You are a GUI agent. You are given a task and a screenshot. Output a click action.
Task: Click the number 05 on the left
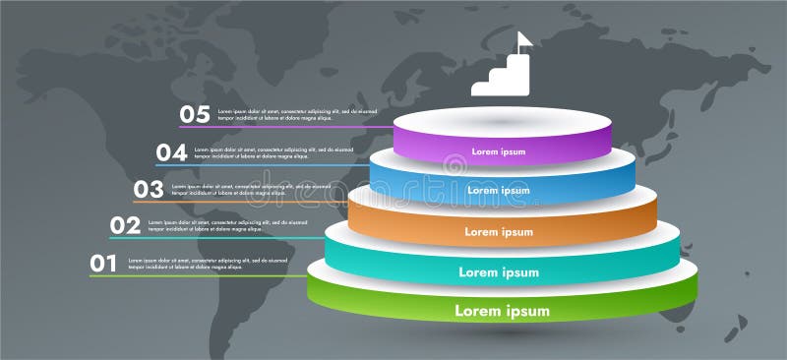tap(194, 114)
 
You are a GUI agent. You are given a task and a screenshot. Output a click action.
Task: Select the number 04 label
tap(171, 151)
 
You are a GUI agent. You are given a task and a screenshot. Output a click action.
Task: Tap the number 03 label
tap(148, 188)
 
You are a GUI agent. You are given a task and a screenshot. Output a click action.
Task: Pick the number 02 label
tap(125, 225)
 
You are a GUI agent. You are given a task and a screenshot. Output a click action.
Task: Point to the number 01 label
tap(103, 263)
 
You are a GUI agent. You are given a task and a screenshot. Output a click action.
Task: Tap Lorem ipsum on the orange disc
tap(499, 232)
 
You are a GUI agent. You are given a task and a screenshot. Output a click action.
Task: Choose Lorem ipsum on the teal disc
tap(498, 271)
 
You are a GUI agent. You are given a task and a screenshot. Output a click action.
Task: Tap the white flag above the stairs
tap(523, 40)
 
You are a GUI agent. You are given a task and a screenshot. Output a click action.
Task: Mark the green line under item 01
tap(197, 275)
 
